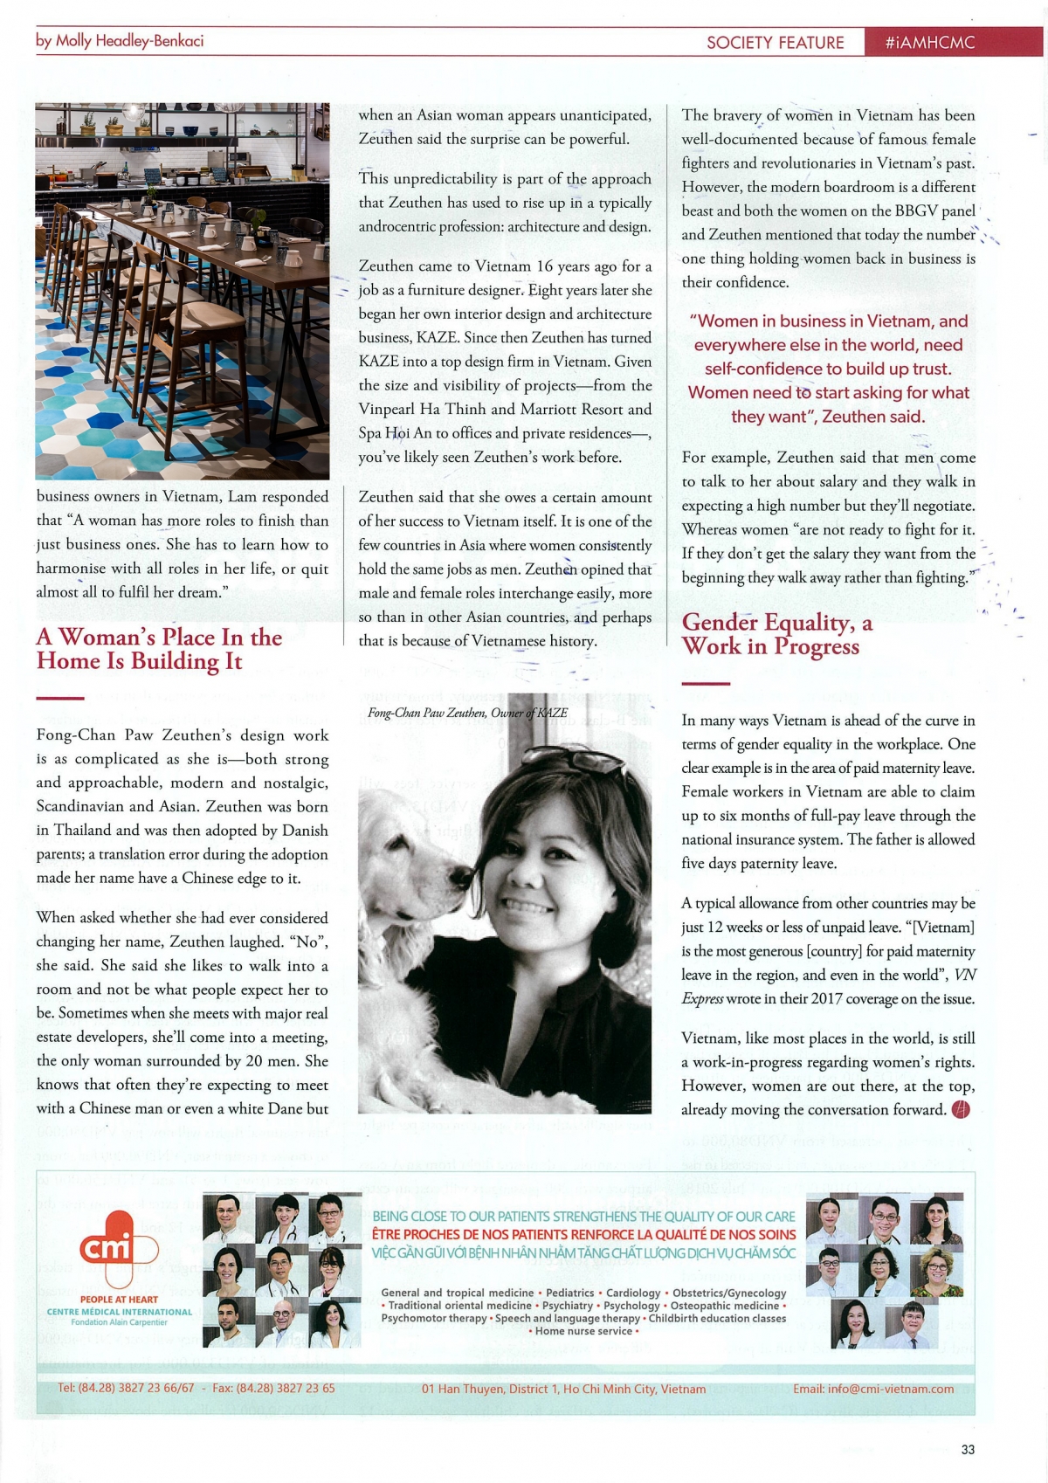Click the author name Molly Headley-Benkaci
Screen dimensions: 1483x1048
click(x=121, y=41)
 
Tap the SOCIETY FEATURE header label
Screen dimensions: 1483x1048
click(x=775, y=43)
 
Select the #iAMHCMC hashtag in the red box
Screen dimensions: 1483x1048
click(x=929, y=43)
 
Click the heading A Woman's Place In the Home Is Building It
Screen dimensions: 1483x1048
click(x=159, y=649)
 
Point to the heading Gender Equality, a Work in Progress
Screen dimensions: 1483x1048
click(x=776, y=634)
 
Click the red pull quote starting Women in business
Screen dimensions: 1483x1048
click(x=828, y=369)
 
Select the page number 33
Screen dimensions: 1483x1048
click(x=968, y=1450)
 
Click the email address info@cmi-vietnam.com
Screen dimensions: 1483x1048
click(x=872, y=1389)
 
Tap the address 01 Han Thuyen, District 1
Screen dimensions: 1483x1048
click(x=563, y=1389)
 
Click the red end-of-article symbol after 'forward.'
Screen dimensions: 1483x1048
click(x=961, y=1110)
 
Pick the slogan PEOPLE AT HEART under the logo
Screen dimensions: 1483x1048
click(x=119, y=1300)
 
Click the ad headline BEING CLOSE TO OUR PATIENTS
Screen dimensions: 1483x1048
click(x=583, y=1217)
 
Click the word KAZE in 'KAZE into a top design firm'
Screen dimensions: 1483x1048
click(x=378, y=362)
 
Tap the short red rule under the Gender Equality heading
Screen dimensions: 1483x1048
click(x=705, y=684)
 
